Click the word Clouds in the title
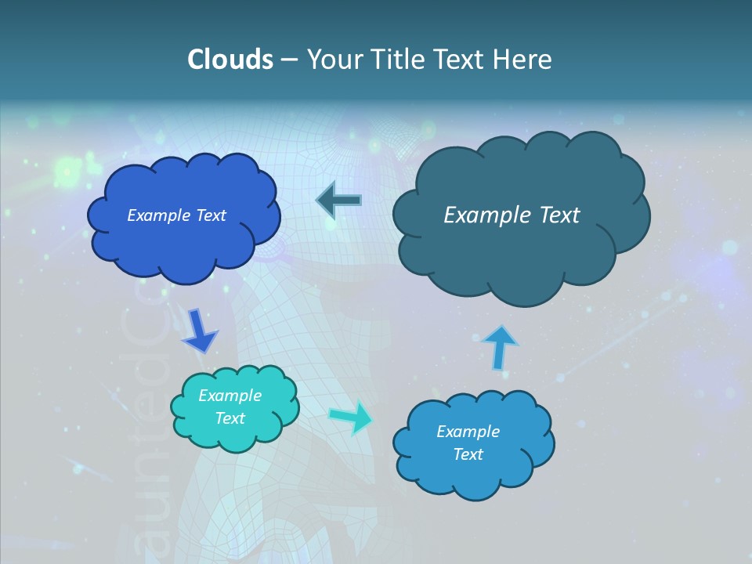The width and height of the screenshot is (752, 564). pos(230,60)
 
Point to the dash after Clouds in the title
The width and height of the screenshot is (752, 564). pos(290,60)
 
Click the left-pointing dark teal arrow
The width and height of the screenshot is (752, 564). pos(338,201)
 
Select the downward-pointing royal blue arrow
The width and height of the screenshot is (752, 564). pos(199,331)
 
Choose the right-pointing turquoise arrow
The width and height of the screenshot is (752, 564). pos(351,418)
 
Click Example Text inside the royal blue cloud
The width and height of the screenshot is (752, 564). pos(176,215)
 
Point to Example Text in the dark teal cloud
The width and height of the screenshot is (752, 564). pos(512,215)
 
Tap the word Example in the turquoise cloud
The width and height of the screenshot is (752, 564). pos(230,396)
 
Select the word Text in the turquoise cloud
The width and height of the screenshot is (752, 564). pos(230,418)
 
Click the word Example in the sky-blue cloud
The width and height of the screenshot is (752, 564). pos(468,432)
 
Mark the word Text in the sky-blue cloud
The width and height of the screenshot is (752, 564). pos(468,454)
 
